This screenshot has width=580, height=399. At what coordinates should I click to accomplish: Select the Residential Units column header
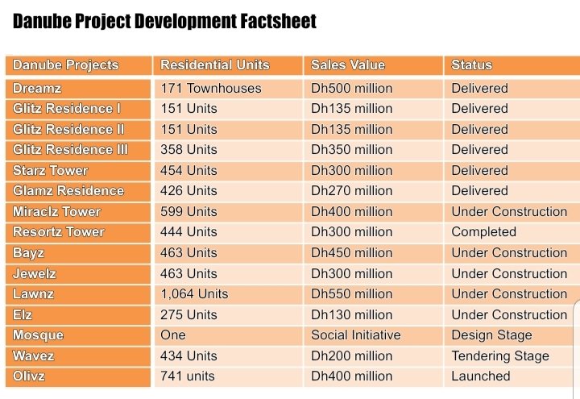[215, 65]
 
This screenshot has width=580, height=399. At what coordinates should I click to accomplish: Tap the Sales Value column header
[348, 65]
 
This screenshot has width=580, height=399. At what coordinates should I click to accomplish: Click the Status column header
[471, 65]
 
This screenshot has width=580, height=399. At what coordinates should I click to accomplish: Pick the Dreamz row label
[37, 89]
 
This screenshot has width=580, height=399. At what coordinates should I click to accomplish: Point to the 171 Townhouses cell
[211, 89]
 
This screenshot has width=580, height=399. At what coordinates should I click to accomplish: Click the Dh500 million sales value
[352, 89]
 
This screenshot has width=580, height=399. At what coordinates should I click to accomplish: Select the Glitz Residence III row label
[70, 150]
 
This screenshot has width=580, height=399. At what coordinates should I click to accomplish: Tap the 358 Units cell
[189, 150]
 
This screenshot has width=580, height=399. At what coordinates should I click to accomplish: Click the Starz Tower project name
[50, 170]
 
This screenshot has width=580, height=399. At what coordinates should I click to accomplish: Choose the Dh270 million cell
[352, 191]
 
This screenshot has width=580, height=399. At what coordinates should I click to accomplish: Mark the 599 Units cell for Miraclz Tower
[189, 211]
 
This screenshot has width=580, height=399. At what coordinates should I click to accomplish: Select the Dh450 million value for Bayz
[352, 253]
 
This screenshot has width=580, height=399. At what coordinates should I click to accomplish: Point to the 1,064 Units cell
[194, 294]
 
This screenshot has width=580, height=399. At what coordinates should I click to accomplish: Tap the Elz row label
[24, 314]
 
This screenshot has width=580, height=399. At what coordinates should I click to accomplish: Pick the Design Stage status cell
[491, 335]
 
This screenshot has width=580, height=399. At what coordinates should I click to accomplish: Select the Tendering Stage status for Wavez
[499, 355]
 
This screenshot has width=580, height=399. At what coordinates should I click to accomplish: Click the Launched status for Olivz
[481, 376]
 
